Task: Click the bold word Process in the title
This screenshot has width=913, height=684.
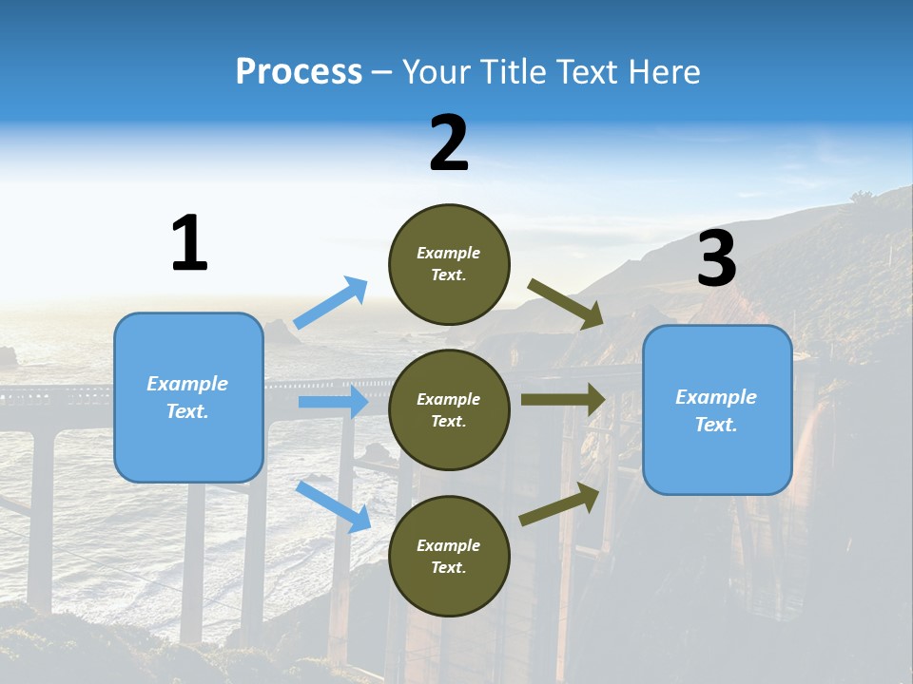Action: pos(299,72)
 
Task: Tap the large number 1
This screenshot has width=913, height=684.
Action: pos(189,243)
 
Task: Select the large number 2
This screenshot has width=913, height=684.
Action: pos(449,143)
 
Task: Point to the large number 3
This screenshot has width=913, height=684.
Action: pos(716,259)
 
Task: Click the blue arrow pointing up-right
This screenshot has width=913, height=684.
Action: pos(331,302)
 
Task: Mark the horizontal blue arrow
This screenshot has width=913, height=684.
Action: pos(333,402)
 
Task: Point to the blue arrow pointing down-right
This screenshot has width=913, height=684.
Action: pos(334,506)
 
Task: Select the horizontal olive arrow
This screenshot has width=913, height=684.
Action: pos(563,399)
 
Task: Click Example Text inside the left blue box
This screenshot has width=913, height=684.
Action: pos(188,397)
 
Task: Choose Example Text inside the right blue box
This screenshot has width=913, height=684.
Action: pos(717,410)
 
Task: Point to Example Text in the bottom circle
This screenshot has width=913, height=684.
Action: pos(449,557)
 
